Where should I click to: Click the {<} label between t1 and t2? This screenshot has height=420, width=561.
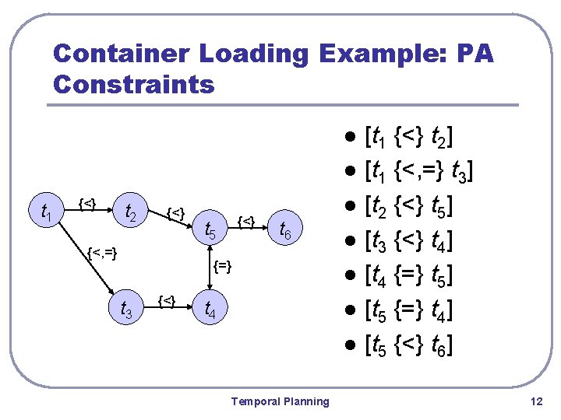pyautogui.click(x=87, y=204)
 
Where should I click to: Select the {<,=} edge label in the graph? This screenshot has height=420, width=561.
pyautogui.click(x=103, y=251)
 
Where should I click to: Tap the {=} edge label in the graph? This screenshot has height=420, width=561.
pyautogui.click(x=223, y=266)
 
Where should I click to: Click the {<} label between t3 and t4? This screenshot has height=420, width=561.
pyautogui.click(x=166, y=299)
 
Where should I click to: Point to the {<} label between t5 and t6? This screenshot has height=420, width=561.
pyautogui.click(x=246, y=222)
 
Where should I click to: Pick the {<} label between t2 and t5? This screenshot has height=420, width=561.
pyautogui.click(x=177, y=212)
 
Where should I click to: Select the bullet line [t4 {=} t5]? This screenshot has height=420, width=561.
pyautogui.click(x=409, y=275)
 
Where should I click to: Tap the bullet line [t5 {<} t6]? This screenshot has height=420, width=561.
pyautogui.click(x=409, y=344)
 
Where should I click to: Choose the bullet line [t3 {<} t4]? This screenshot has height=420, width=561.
pyautogui.click(x=409, y=241)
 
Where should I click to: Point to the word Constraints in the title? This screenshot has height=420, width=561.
pyautogui.click(x=133, y=84)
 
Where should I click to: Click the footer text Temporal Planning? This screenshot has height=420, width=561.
pyautogui.click(x=280, y=401)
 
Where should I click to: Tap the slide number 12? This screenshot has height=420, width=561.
pyautogui.click(x=535, y=401)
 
